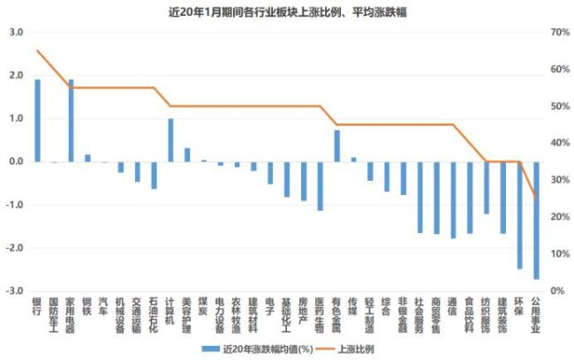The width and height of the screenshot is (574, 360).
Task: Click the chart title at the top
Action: (287, 11)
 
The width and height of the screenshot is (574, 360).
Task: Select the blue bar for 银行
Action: (37, 121)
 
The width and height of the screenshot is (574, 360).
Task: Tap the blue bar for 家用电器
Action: (71, 121)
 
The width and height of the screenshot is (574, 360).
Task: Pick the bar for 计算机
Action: (170, 140)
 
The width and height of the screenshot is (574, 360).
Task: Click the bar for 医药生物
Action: (320, 186)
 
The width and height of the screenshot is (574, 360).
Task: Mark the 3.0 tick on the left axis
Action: (16, 32)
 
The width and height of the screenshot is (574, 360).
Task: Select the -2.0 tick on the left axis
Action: (15, 248)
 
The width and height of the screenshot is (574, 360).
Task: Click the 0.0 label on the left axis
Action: (16, 161)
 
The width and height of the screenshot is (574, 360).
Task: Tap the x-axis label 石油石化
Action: (154, 316)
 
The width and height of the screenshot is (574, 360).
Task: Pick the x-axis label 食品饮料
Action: (469, 316)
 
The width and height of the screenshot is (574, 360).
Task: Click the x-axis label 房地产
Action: (303, 311)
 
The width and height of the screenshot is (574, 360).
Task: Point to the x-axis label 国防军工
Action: (54, 316)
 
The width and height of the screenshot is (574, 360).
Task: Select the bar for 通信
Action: (453, 200)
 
